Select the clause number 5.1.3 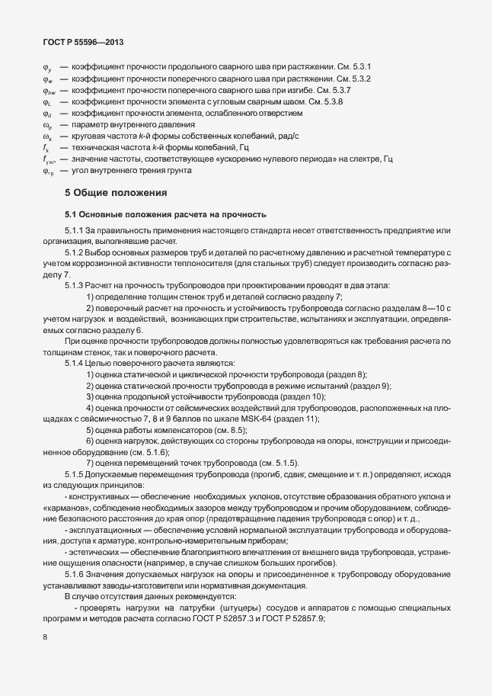click(x=75, y=284)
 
